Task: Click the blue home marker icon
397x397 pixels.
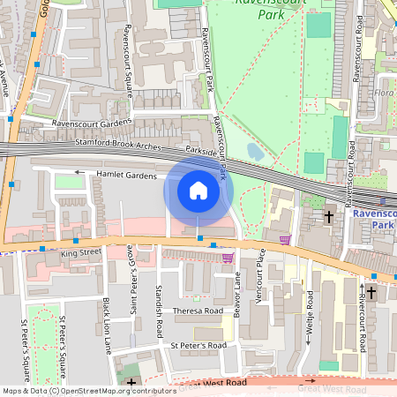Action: (198, 191)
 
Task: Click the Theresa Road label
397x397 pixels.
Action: (198, 311)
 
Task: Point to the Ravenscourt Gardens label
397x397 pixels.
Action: (92, 123)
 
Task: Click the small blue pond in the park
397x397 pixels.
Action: (255, 152)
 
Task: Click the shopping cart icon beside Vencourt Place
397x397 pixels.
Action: (285, 239)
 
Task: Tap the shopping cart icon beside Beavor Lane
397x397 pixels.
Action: (228, 258)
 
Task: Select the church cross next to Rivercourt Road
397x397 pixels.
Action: (371, 291)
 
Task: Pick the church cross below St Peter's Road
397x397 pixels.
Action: (131, 383)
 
